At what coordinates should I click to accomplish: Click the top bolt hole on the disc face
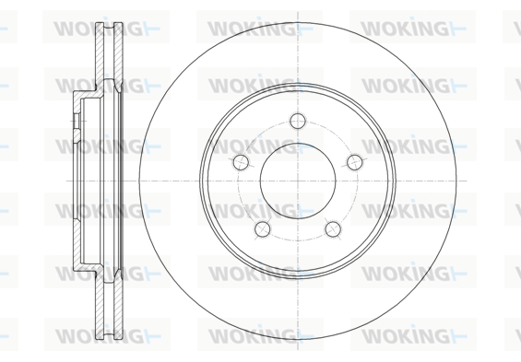tap(297, 121)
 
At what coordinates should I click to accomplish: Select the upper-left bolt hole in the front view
tap(241, 162)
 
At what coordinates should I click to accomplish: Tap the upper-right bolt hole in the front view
tap(354, 162)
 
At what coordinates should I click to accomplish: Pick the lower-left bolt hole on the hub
tap(263, 228)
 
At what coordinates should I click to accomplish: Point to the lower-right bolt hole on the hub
tap(333, 228)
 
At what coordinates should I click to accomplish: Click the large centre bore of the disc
tap(298, 181)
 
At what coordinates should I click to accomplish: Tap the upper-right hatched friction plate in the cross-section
tap(118, 53)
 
